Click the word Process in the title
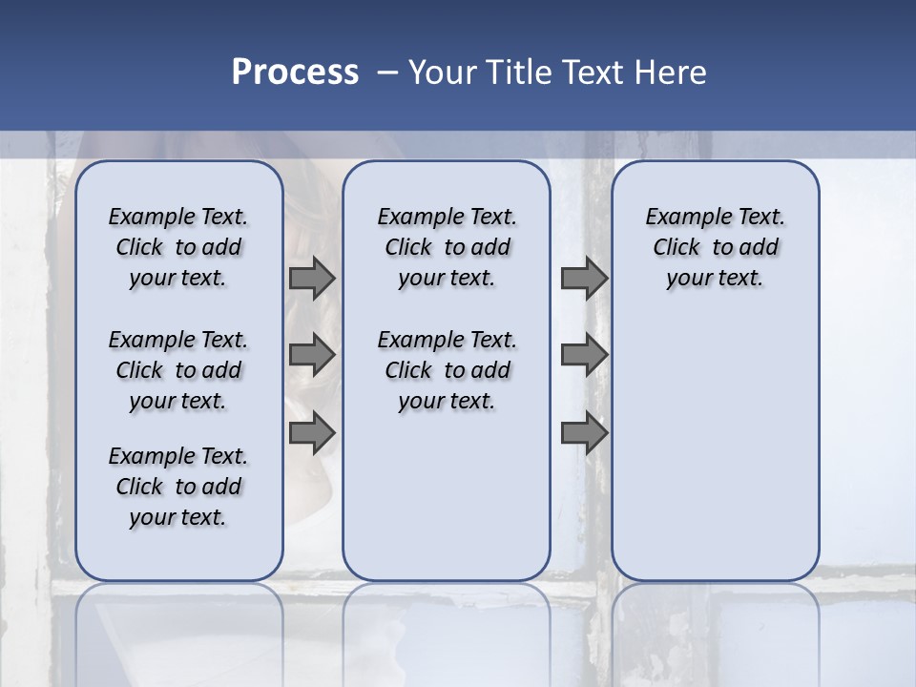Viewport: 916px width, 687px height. click(x=295, y=73)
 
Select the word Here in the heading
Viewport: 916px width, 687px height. click(x=671, y=73)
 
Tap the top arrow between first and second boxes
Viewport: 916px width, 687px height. click(x=312, y=278)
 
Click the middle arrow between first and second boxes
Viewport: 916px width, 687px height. click(x=312, y=355)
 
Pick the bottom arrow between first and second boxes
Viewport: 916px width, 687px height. click(x=312, y=433)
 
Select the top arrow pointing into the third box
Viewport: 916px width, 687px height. click(x=584, y=278)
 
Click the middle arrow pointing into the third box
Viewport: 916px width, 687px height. click(x=584, y=355)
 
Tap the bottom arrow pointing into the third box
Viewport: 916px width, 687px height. click(x=584, y=433)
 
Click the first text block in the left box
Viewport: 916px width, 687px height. click(x=178, y=247)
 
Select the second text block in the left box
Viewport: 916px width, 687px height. click(x=178, y=370)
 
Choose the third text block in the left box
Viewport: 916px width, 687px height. click(x=178, y=487)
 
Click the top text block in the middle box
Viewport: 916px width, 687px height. click(x=447, y=247)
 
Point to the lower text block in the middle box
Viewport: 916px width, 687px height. click(x=447, y=370)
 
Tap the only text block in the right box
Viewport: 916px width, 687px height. click(x=715, y=247)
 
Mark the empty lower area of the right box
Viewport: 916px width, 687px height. click(x=715, y=439)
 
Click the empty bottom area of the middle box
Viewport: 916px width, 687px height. click(x=447, y=496)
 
